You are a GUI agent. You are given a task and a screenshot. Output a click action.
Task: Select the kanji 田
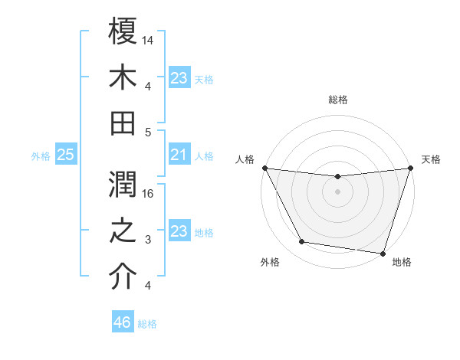coord(123,122)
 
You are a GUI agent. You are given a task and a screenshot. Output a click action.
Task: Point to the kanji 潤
coord(123,183)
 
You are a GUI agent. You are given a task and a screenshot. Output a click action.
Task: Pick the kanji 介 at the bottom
coord(123,277)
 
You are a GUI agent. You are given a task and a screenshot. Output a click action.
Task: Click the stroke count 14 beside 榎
coord(149,39)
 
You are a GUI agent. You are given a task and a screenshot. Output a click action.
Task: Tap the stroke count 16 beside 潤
coord(149,194)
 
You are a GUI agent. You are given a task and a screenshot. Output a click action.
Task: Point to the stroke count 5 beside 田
coord(149,133)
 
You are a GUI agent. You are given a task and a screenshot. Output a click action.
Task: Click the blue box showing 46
coord(122,322)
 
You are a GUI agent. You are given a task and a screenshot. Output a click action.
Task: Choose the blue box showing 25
coord(65,155)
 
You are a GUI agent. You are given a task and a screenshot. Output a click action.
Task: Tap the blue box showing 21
coord(179,155)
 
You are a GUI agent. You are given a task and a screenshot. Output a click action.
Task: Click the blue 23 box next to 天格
coord(179,78)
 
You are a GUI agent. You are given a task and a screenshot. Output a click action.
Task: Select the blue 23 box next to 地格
coord(179,232)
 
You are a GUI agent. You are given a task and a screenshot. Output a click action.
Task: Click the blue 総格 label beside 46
coord(147,324)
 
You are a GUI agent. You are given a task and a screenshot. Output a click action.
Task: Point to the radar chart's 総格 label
coord(337,100)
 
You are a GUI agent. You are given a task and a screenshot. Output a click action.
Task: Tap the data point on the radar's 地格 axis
coord(383,253)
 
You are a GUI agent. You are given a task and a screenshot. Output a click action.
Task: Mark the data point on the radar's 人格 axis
coord(264,168)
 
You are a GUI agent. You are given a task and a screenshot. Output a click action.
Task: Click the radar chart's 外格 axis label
coord(270,262)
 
